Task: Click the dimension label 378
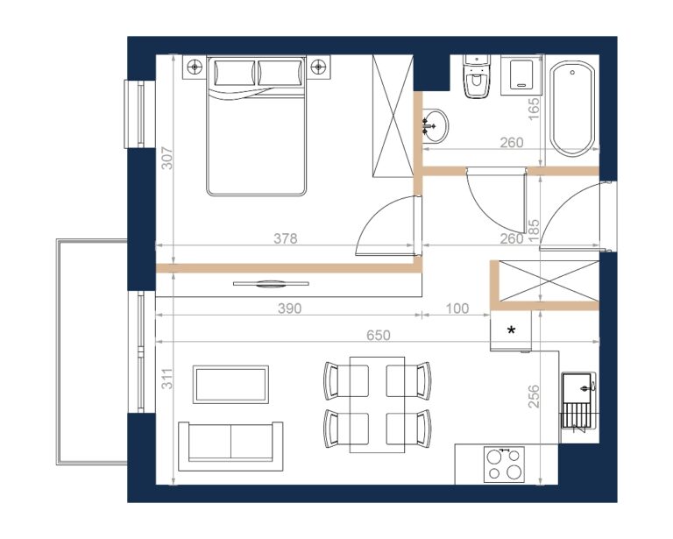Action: [286, 238]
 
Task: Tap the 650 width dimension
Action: [379, 335]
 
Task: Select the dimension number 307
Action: [167, 159]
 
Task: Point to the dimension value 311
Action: [167, 379]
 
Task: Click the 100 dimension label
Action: [457, 309]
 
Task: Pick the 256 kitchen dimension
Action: [533, 396]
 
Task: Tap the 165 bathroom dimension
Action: [533, 109]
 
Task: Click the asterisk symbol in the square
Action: [511, 330]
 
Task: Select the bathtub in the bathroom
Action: [572, 108]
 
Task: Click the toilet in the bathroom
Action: [476, 76]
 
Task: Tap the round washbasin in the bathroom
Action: [435, 125]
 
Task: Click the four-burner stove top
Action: [504, 465]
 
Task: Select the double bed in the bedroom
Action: [256, 125]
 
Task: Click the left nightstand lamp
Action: [195, 67]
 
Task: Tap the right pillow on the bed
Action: [280, 73]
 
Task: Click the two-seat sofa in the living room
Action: [230, 446]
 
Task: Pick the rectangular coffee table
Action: [231, 385]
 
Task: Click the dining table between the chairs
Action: [377, 405]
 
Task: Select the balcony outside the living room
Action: [91, 352]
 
